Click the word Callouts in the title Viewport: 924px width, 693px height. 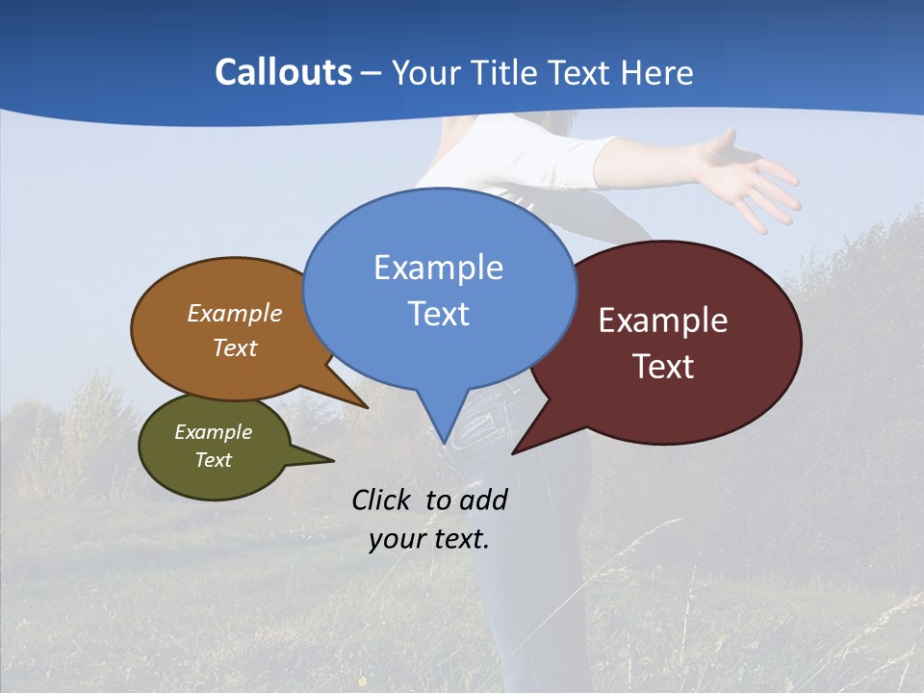pos(283,73)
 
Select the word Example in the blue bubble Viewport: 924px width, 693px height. pos(438,268)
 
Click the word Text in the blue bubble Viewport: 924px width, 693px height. pos(438,314)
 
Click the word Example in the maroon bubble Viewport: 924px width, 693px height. pos(663,321)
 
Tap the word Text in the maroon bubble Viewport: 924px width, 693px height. pos(663,367)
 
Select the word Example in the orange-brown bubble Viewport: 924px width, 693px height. pos(235,314)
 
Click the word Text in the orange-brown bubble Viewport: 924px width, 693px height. pos(235,348)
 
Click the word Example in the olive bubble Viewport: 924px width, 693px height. pos(213,432)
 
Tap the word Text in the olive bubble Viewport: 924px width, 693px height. pos(213,460)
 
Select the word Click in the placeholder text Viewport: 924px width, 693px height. pos(383,500)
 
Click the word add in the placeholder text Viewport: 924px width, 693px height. pos(482,500)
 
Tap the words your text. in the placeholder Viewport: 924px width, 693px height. pos(428,540)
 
